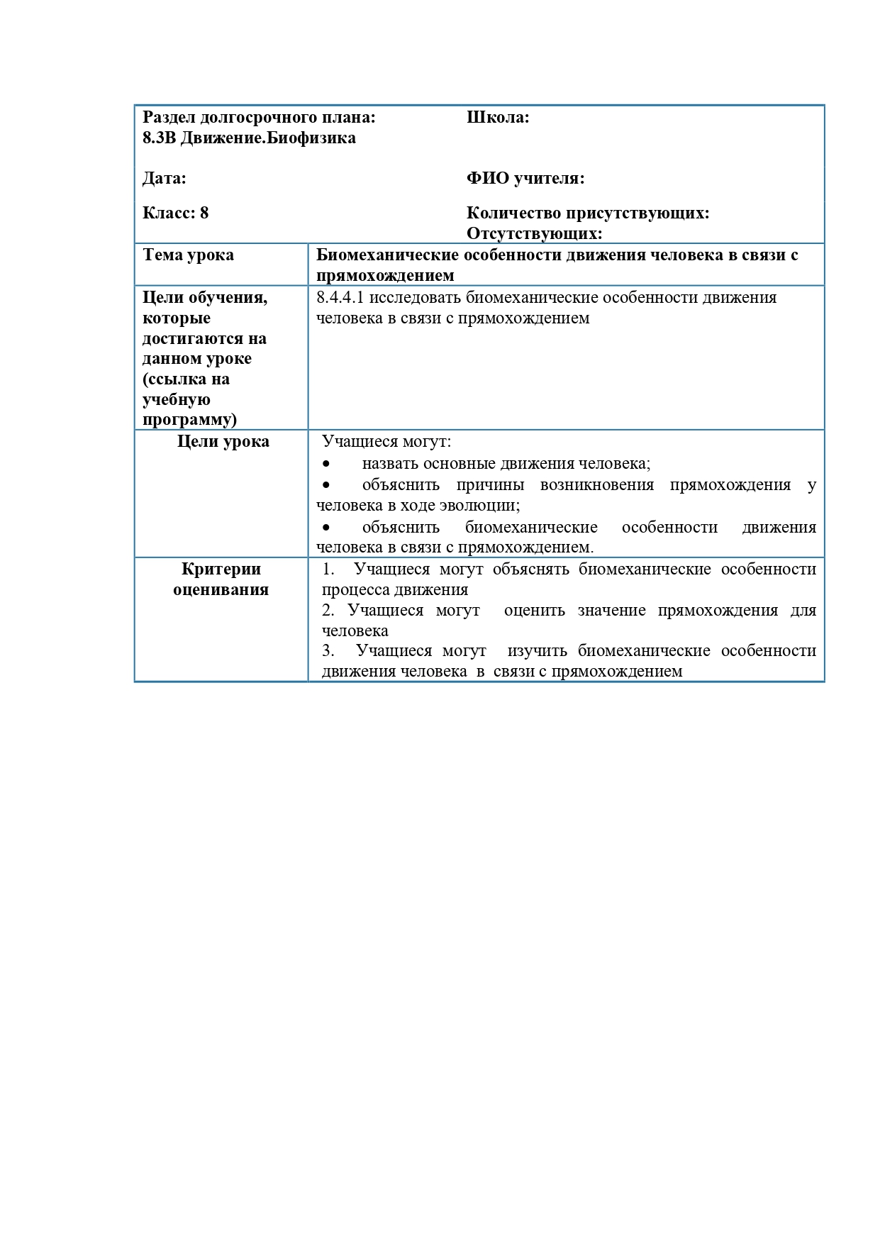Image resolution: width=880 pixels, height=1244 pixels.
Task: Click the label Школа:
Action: click(498, 118)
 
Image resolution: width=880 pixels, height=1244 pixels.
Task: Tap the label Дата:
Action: click(164, 178)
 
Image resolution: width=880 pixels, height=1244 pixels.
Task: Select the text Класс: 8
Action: click(175, 213)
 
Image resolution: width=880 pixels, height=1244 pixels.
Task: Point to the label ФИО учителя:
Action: click(525, 178)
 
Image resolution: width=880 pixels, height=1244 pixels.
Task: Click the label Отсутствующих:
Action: click(534, 233)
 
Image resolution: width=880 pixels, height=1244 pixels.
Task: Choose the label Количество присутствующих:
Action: click(588, 213)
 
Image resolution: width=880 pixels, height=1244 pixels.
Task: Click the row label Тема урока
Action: click(188, 255)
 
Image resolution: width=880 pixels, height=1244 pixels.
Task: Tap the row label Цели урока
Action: click(223, 441)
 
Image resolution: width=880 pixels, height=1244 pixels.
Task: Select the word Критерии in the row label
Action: click(221, 569)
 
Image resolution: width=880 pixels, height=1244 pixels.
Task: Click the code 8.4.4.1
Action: click(340, 297)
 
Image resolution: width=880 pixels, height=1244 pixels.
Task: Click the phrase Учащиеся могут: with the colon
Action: click(386, 441)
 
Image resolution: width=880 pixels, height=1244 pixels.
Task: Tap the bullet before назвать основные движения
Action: click(326, 464)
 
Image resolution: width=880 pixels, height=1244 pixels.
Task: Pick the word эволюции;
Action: click(484, 505)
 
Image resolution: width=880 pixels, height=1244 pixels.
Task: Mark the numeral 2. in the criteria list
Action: click(328, 610)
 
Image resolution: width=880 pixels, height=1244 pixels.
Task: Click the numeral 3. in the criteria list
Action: click(328, 650)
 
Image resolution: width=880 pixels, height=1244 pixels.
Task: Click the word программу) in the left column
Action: click(189, 419)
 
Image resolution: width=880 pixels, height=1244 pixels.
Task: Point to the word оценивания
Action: click(221, 589)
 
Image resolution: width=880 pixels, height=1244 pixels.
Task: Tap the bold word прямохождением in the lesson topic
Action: click(384, 275)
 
